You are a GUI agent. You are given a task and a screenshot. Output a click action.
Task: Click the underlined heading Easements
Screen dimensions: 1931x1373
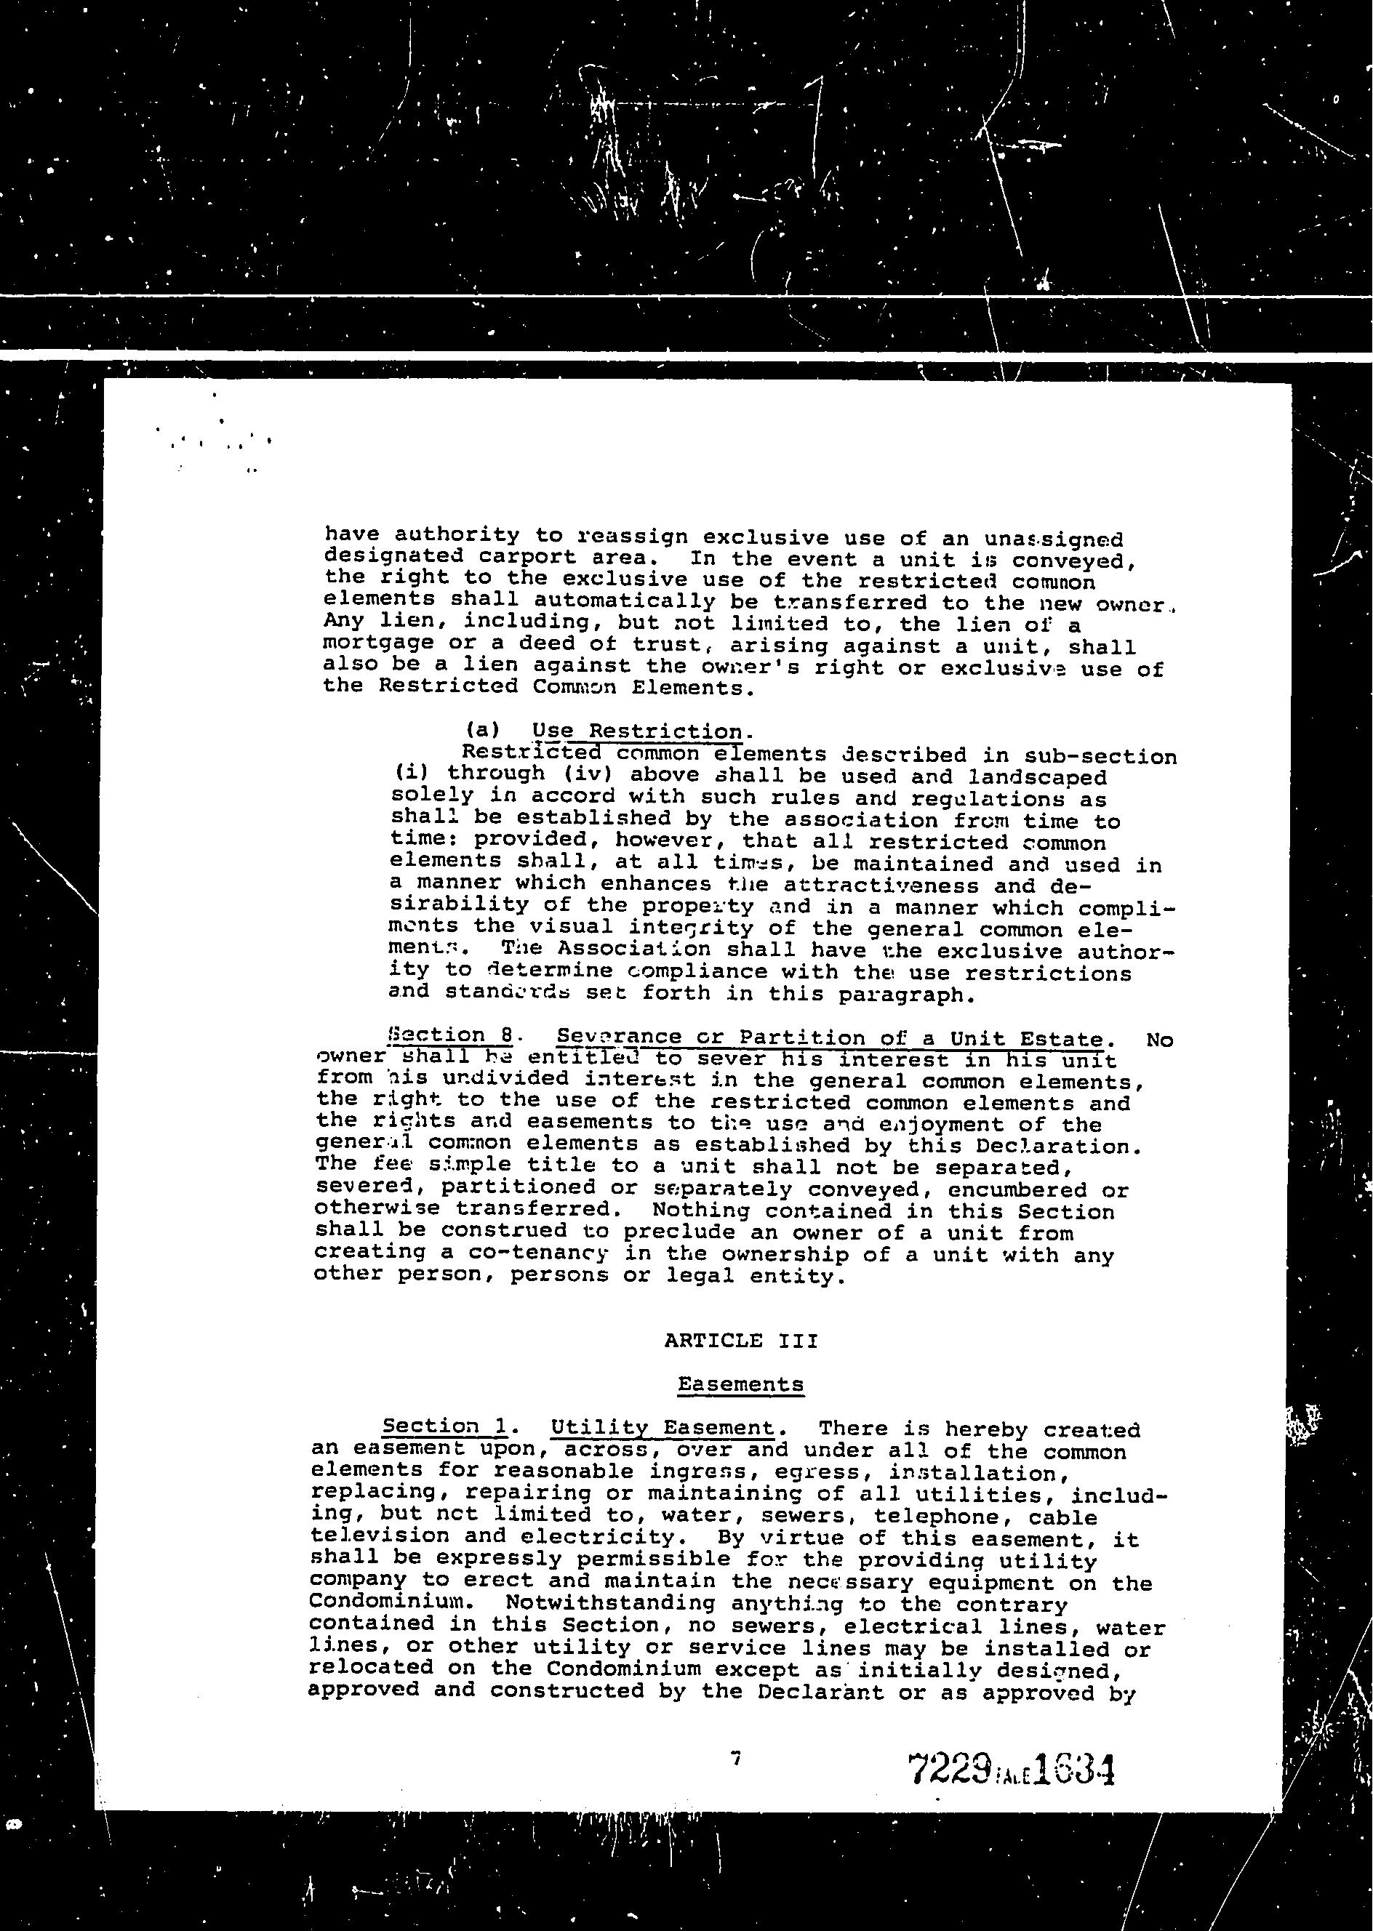point(740,1384)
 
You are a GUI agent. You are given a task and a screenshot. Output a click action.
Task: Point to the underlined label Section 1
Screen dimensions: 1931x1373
point(444,1426)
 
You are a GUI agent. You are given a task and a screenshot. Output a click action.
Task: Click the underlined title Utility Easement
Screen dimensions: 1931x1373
point(662,1428)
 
